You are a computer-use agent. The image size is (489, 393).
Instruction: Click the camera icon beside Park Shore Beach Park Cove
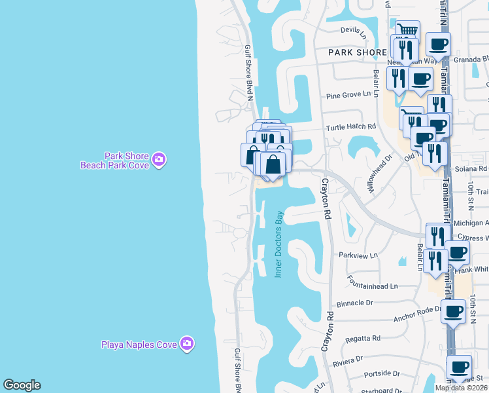158,159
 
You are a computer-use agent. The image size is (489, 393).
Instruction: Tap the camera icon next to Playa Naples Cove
187,343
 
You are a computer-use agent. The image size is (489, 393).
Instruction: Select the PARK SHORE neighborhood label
352,52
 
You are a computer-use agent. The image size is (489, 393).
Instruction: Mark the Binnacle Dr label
354,304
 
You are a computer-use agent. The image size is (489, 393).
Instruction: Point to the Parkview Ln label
358,255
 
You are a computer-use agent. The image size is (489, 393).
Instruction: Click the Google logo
22,385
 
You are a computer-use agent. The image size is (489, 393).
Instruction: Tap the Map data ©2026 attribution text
462,388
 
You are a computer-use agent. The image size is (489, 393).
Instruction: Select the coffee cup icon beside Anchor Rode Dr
453,310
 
